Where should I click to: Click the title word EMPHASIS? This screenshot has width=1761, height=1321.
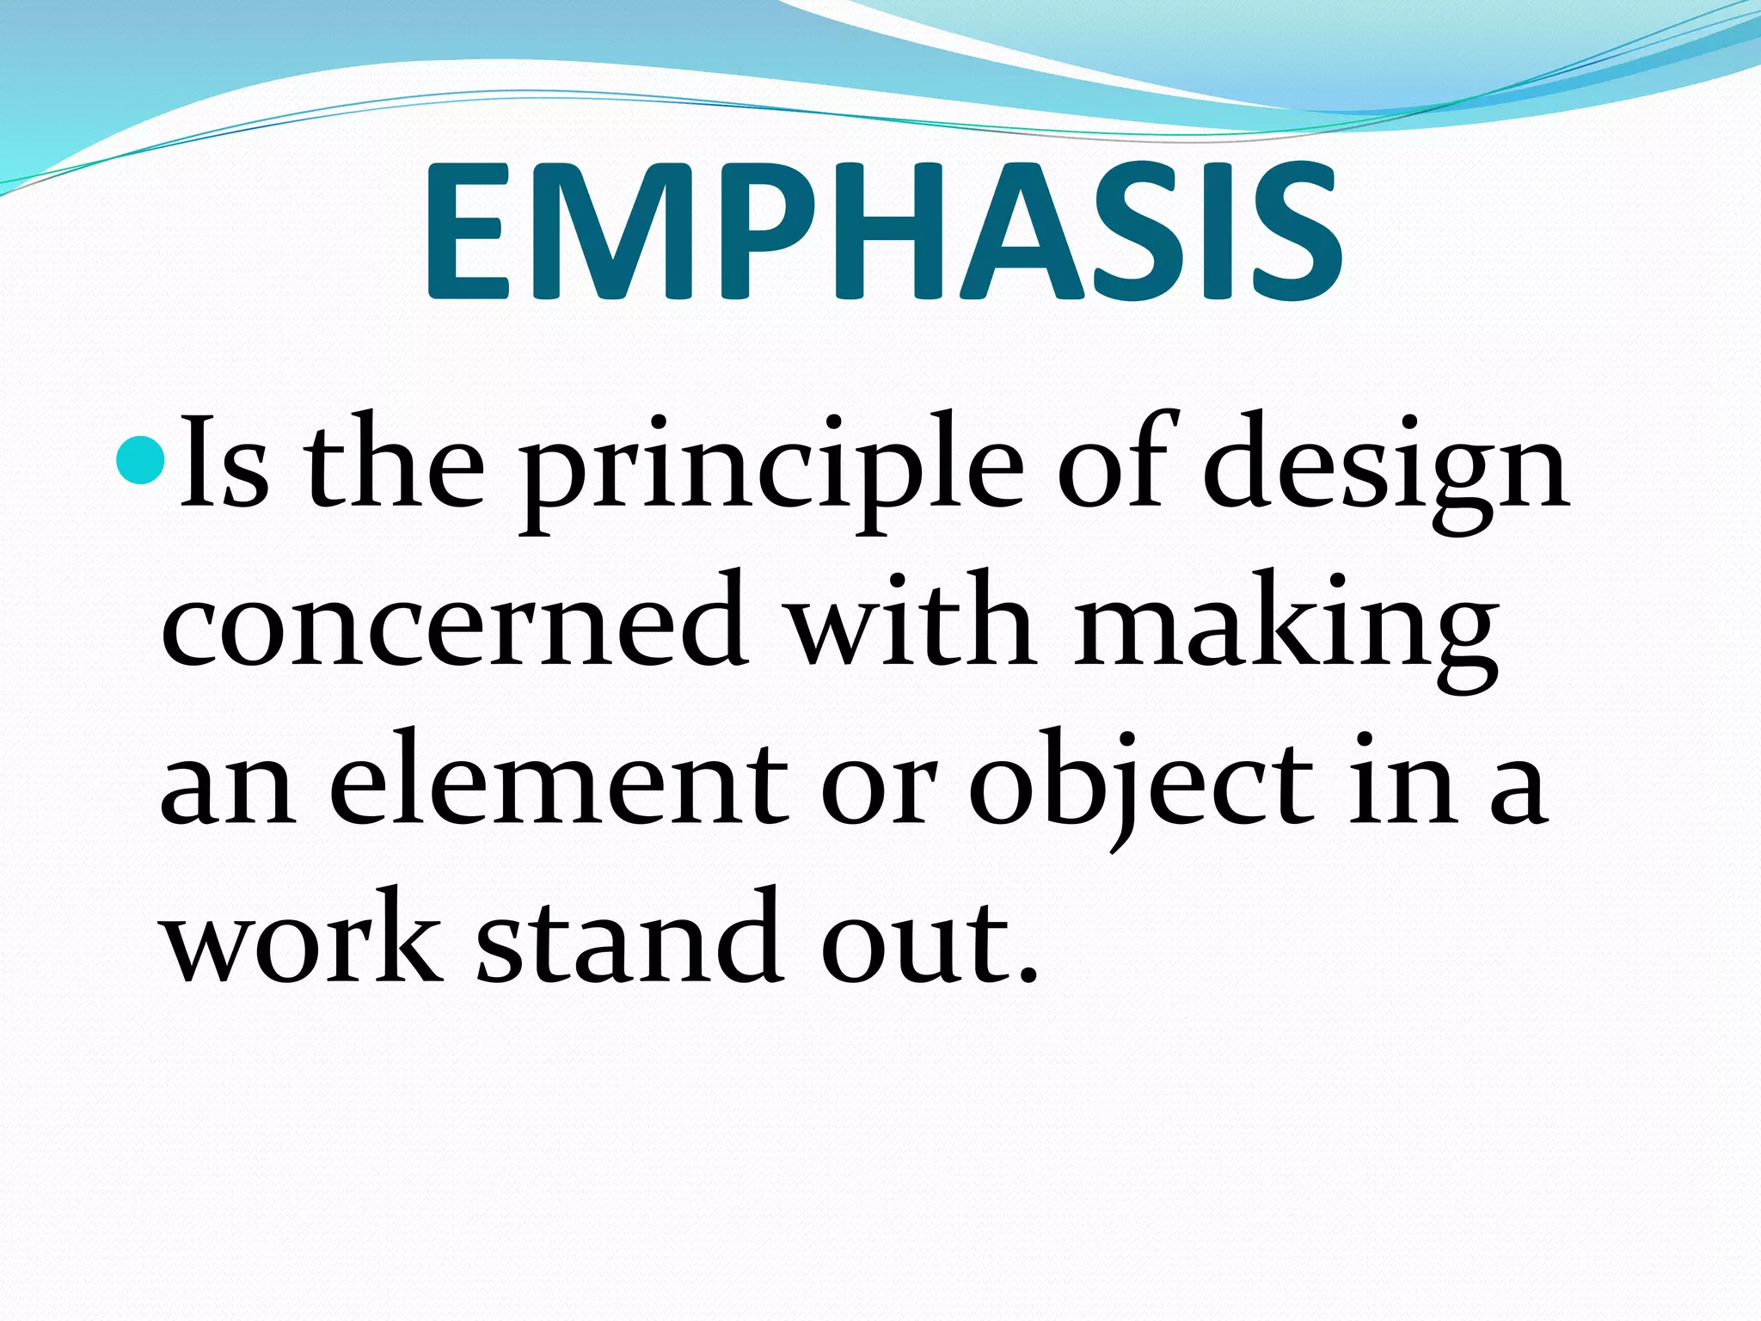(882, 232)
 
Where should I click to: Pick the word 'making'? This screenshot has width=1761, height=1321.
(1285, 628)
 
